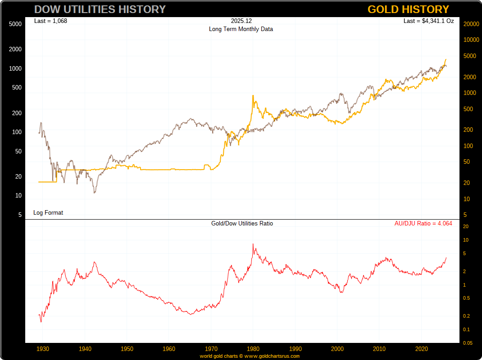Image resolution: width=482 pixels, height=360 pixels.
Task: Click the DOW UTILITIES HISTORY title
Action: pyautogui.click(x=100, y=9)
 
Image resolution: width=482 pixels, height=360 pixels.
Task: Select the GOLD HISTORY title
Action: pyautogui.click(x=408, y=9)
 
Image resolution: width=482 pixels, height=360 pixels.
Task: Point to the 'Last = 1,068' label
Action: pyautogui.click(x=50, y=21)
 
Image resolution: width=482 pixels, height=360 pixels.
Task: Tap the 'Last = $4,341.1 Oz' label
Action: pyautogui.click(x=428, y=21)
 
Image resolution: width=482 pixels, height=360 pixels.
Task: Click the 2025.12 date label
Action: pyautogui.click(x=241, y=21)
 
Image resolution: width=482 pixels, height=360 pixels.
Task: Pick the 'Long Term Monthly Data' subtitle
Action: pyautogui.click(x=241, y=29)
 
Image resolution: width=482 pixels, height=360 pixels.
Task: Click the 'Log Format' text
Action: pyautogui.click(x=48, y=212)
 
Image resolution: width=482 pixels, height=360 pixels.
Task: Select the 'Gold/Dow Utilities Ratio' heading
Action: pyautogui.click(x=242, y=223)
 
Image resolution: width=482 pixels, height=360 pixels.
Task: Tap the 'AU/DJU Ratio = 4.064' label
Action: pyautogui.click(x=423, y=223)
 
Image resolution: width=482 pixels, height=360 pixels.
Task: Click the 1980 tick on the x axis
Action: pyautogui.click(x=253, y=349)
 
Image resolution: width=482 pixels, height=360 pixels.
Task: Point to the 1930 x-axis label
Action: pyautogui.click(x=43, y=349)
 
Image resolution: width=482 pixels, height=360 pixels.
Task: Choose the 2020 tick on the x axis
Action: pyautogui.click(x=422, y=349)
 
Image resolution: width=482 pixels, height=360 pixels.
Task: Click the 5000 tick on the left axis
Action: pyautogui.click(x=15, y=24)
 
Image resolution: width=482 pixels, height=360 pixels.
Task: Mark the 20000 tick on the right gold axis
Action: pyautogui.click(x=471, y=24)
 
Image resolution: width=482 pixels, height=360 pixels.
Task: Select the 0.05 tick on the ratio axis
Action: pyautogui.click(x=468, y=343)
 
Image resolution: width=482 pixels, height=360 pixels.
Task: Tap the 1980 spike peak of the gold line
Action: pyautogui.click(x=253, y=95)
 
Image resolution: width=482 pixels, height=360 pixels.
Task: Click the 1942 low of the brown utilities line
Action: pyautogui.click(x=95, y=193)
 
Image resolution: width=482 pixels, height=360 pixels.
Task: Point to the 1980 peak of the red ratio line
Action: pyautogui.click(x=253, y=244)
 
